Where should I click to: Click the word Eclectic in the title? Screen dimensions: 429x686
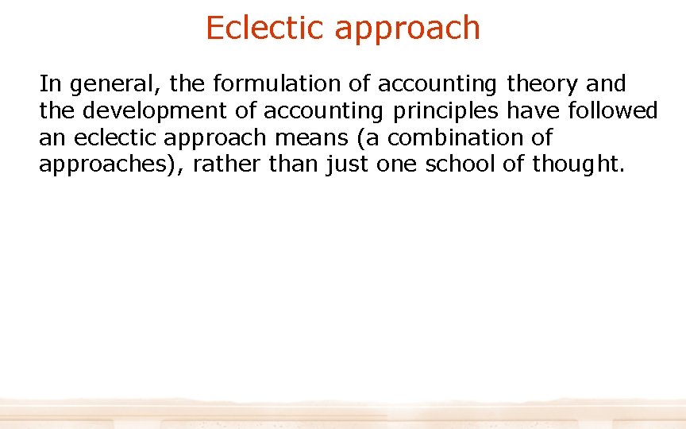pyautogui.click(x=265, y=28)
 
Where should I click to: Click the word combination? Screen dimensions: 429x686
pyautogui.click(x=452, y=137)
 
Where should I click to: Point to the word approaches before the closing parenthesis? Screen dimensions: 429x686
pyautogui.click(x=109, y=165)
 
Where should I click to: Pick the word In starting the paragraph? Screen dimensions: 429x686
pyautogui.click(x=48, y=83)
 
